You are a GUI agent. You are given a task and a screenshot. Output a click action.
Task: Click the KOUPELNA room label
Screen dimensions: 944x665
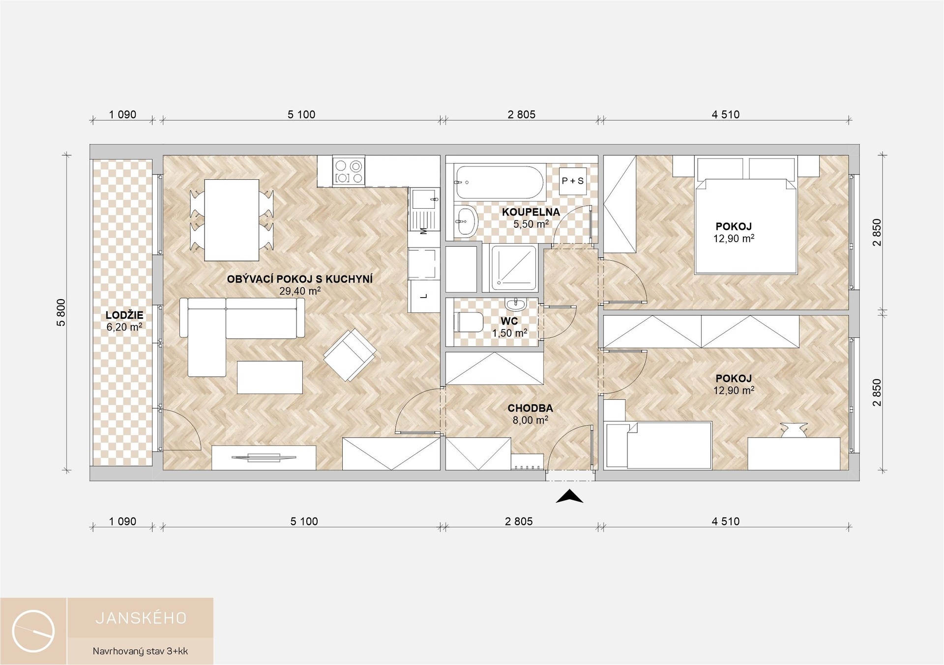pos(531,212)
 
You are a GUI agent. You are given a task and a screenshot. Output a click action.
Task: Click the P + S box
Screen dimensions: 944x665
pos(572,181)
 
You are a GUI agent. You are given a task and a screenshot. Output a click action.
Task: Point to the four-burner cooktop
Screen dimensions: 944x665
pos(349,171)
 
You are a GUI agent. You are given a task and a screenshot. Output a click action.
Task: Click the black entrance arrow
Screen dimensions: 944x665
pos(569,497)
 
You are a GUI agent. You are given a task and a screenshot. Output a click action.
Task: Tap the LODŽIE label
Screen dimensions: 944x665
pos(124,315)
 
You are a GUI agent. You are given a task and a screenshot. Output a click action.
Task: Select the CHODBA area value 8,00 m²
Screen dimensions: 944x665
pos(530,420)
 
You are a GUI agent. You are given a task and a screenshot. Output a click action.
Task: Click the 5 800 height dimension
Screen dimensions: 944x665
pos(61,312)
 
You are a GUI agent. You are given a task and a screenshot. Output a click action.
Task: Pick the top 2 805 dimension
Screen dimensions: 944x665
pos(521,114)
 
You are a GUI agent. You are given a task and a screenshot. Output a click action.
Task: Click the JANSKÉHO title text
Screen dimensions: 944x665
pos(141,618)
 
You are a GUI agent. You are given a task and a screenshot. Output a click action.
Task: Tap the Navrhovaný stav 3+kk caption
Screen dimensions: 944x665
pos(141,651)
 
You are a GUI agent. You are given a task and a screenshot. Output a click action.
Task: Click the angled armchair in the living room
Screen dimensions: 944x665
pos(350,355)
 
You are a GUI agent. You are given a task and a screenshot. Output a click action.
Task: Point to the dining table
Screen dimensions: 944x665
pos(232,220)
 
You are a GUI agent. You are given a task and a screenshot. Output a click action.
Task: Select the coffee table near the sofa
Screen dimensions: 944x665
pos(270,377)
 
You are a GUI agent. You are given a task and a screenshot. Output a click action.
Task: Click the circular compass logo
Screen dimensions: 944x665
pos(33,631)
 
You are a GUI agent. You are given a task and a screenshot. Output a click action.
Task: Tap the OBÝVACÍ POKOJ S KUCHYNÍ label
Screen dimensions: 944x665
pos(299,279)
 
